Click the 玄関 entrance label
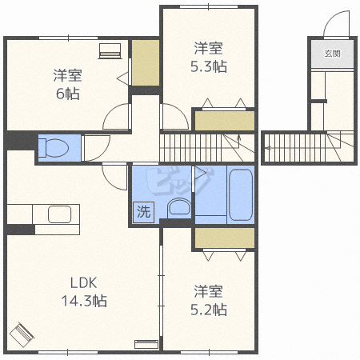click(x=333, y=54)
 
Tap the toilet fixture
click(x=54, y=148)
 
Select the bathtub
click(x=241, y=194)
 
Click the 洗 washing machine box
click(x=143, y=212)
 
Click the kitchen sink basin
click(x=59, y=215)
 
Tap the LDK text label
click(x=83, y=282)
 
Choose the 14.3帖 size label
click(x=84, y=301)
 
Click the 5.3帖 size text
click(x=209, y=66)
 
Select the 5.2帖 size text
click(x=209, y=310)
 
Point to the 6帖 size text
click(x=68, y=94)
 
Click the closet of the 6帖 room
click(x=146, y=63)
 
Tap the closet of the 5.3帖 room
click(x=225, y=121)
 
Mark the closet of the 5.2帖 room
click(x=225, y=238)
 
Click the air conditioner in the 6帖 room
click(x=110, y=50)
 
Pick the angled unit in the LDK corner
click(x=22, y=334)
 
